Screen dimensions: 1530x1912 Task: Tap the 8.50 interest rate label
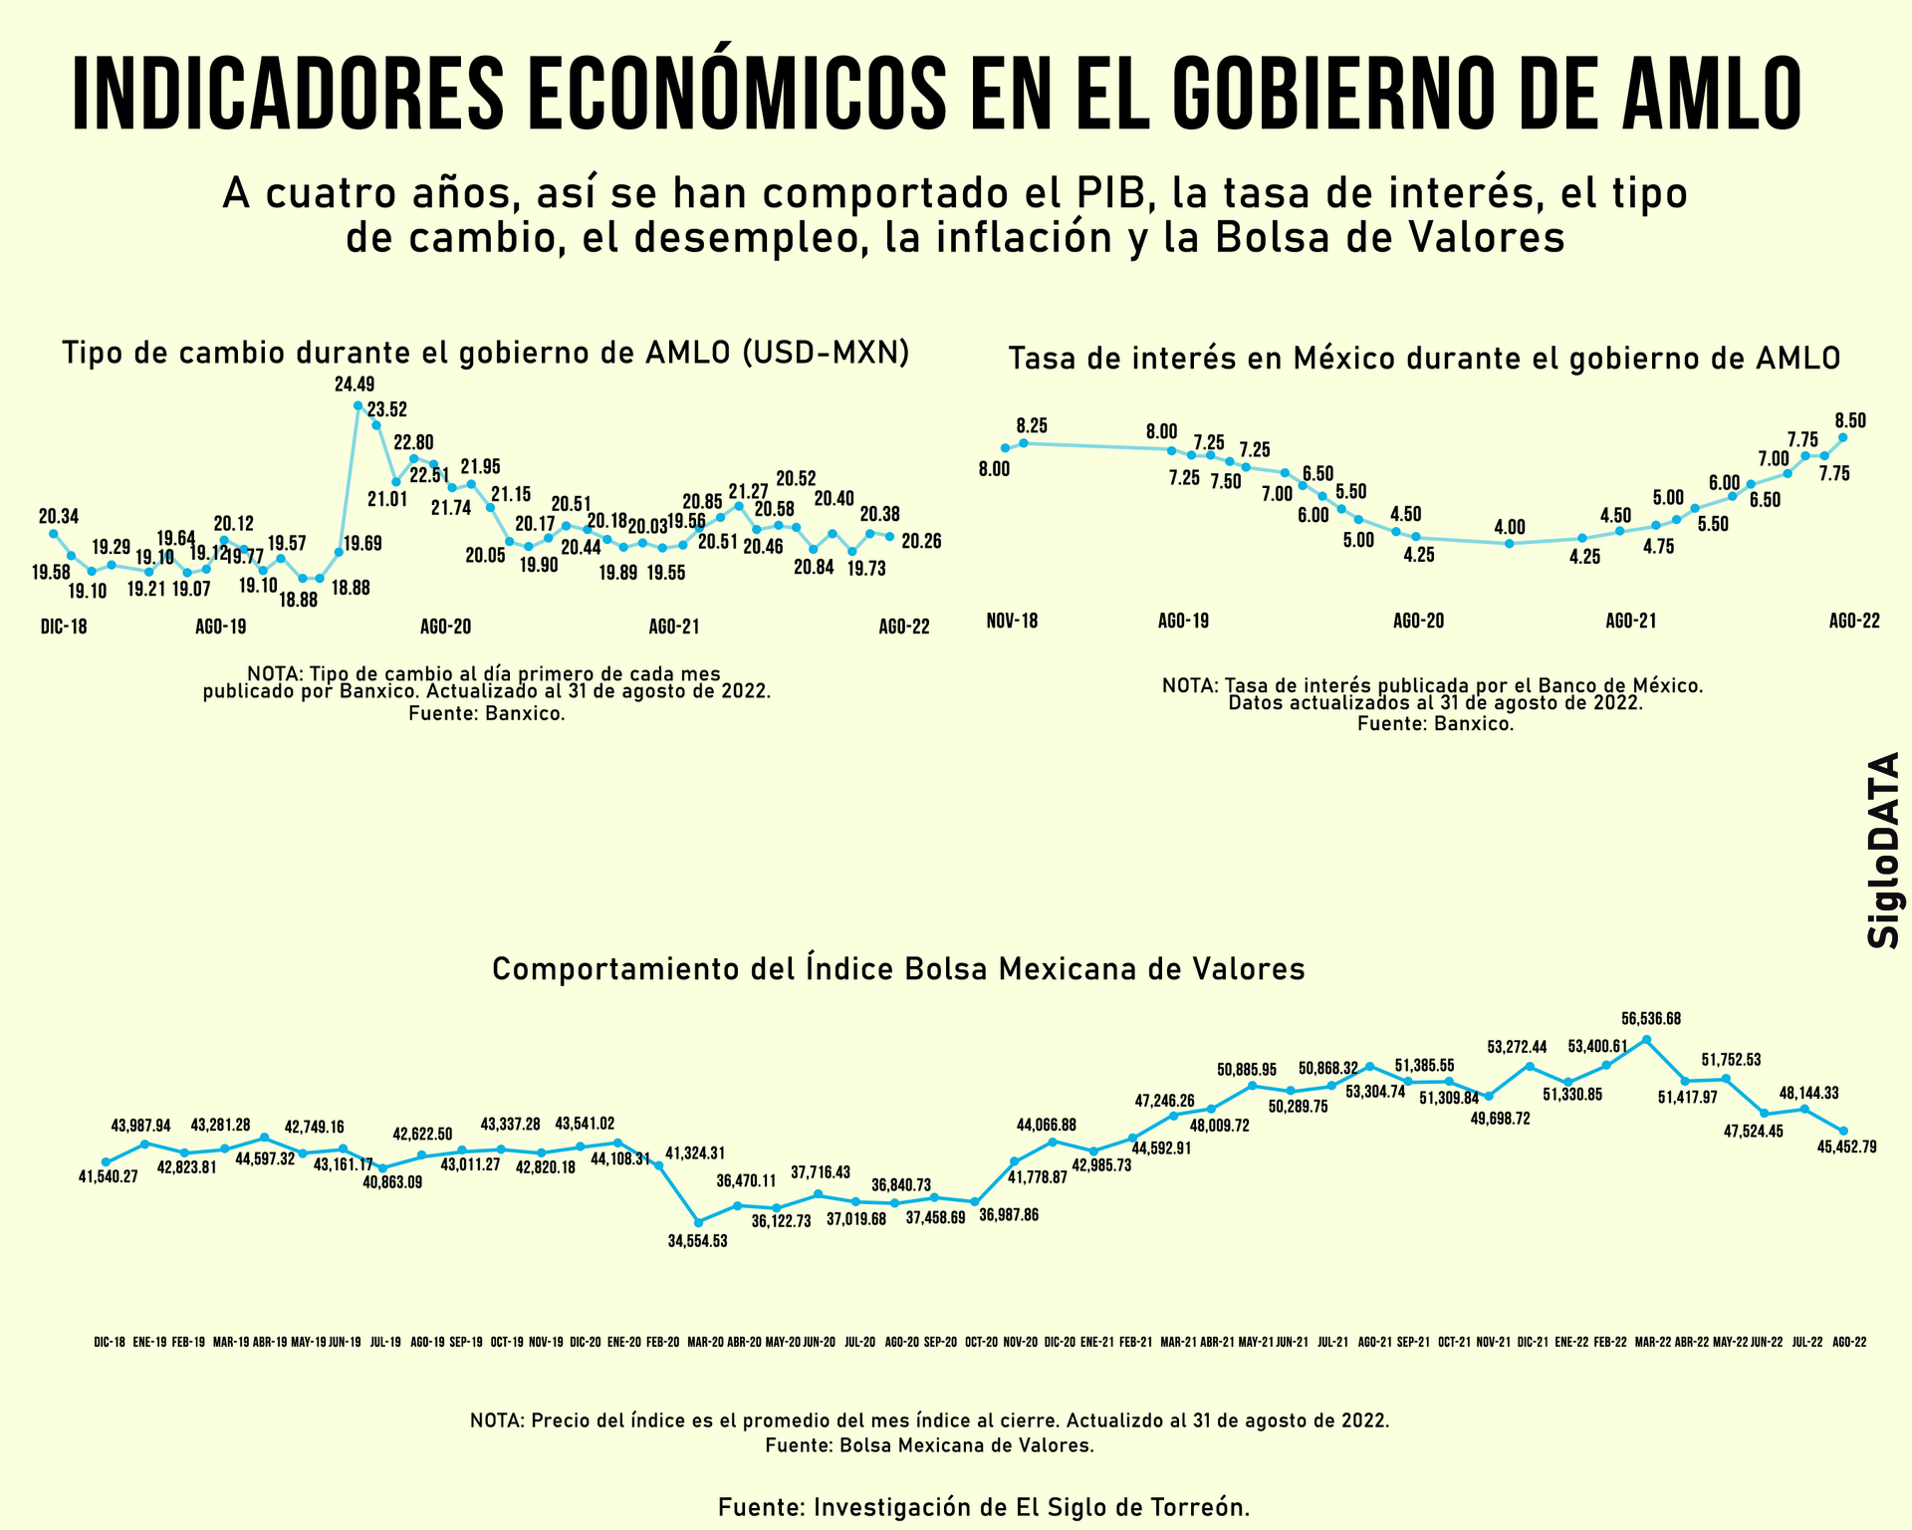pyautogui.click(x=1850, y=420)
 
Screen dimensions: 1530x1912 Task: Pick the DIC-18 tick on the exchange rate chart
pyautogui.click(x=64, y=628)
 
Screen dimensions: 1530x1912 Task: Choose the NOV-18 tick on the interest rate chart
pyautogui.click(x=1012, y=621)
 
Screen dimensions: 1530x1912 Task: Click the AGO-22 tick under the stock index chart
pyautogui.click(x=1849, y=1342)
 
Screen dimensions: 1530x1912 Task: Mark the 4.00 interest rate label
pyautogui.click(x=1510, y=527)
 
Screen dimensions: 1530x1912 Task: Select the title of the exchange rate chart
pyautogui.click(x=486, y=353)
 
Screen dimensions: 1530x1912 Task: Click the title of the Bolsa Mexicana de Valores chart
pyautogui.click(x=898, y=969)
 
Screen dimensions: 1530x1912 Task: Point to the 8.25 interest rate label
pyautogui.click(x=1032, y=423)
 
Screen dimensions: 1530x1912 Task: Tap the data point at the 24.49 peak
pyautogui.click(x=358, y=405)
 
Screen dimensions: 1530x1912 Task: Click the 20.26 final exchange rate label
pyautogui.click(x=921, y=541)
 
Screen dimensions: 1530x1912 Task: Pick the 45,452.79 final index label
pyautogui.click(x=1846, y=1147)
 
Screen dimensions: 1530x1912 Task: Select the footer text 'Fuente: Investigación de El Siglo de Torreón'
pyautogui.click(x=984, y=1506)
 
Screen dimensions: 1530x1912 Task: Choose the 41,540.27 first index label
pyautogui.click(x=109, y=1176)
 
